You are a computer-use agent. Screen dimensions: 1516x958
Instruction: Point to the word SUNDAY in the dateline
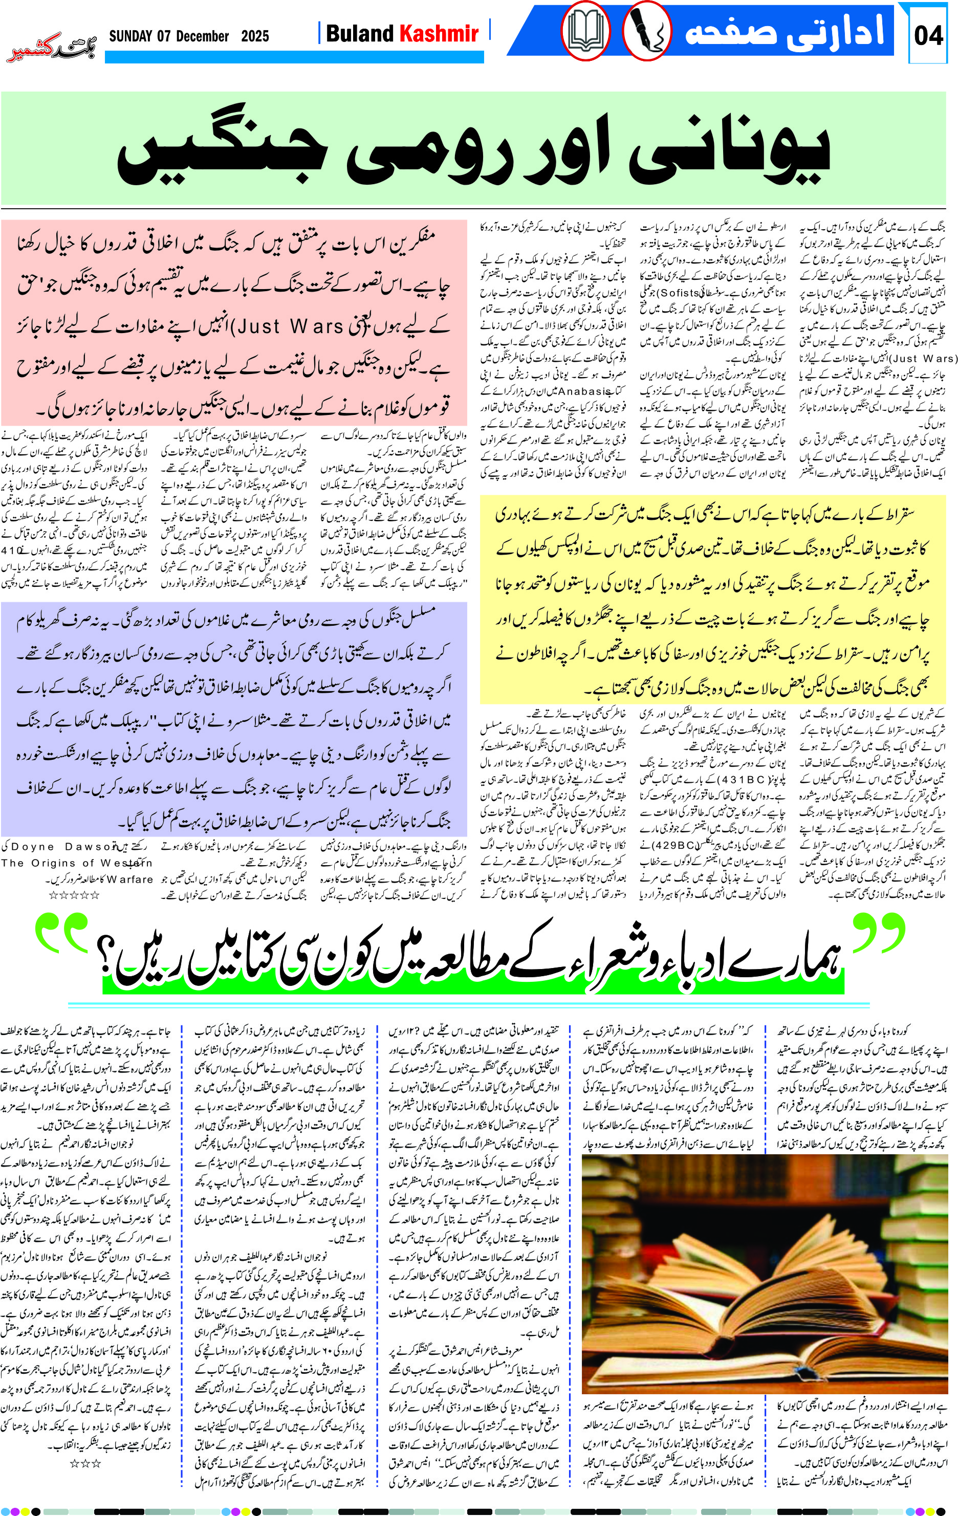click(x=131, y=36)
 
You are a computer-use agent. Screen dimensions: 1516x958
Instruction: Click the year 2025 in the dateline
click(x=255, y=36)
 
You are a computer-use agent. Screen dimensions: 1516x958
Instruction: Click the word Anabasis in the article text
click(x=597, y=391)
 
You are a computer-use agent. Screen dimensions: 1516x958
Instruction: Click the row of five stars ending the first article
click(x=74, y=895)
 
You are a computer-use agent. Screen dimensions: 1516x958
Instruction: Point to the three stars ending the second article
click(x=85, y=1464)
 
